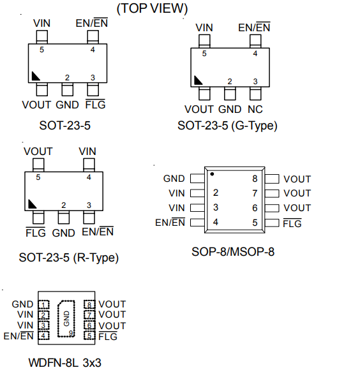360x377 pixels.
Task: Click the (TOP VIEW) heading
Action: [152, 8]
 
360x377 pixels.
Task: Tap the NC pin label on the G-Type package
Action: [255, 109]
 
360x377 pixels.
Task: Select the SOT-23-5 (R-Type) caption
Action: [69, 258]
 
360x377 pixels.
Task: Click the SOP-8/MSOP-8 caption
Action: [233, 252]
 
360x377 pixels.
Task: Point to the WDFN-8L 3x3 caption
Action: [64, 362]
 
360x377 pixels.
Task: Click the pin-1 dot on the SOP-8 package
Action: [212, 174]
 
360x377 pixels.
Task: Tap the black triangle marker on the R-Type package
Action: [31, 204]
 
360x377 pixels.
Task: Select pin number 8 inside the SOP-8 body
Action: [255, 179]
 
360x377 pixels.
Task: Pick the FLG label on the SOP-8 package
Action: [292, 223]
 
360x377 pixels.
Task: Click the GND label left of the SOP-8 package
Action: [174, 179]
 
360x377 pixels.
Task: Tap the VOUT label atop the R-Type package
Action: [38, 151]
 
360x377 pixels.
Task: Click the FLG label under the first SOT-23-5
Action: [96, 105]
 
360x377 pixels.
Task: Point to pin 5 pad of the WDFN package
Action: [89, 336]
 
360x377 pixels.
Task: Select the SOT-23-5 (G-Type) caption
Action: [227, 126]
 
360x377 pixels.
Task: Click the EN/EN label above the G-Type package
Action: [254, 27]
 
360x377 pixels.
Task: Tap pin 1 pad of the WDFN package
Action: [43, 305]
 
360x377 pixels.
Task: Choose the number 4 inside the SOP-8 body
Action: [216, 222]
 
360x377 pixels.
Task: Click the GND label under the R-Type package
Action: [64, 233]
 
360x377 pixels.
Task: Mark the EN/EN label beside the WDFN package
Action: [19, 336]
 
